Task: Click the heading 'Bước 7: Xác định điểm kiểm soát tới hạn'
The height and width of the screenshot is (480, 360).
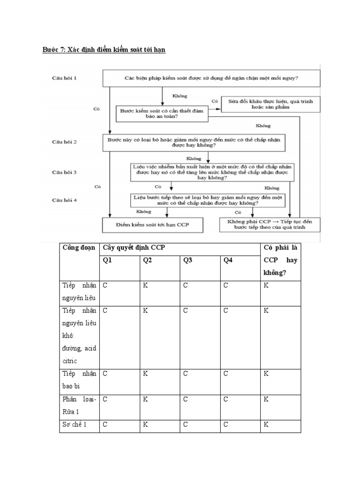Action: click(x=104, y=49)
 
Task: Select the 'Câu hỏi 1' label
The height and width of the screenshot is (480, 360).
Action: click(x=64, y=78)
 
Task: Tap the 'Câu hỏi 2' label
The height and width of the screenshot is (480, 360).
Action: click(x=64, y=141)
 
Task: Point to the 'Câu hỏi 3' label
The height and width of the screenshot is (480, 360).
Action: click(x=64, y=172)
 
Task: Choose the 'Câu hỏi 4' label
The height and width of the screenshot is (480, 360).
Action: click(x=64, y=200)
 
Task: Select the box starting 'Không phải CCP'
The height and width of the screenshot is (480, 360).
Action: click(x=270, y=224)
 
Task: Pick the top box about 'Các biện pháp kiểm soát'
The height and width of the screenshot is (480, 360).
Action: click(x=211, y=78)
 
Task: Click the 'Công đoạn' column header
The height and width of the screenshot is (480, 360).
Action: click(x=79, y=247)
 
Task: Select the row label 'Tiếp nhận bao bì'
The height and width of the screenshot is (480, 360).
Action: click(x=79, y=380)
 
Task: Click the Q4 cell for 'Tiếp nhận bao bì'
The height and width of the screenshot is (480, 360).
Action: click(x=240, y=380)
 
